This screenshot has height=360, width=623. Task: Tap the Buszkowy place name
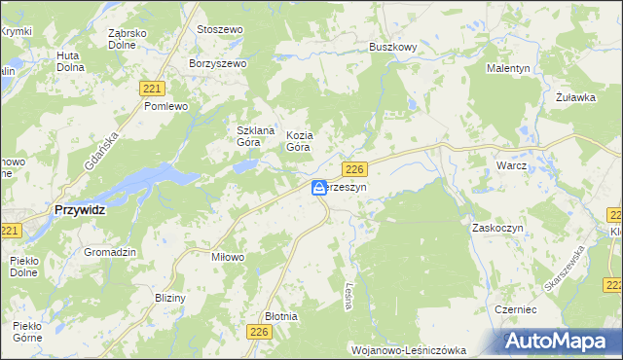[392, 46]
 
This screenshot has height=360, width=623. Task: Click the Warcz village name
[511, 165]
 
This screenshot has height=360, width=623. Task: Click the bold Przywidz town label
[79, 210]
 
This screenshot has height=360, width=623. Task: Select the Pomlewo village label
[165, 106]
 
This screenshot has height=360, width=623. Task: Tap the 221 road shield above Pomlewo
[150, 89]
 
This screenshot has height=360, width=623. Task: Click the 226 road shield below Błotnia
[258, 333]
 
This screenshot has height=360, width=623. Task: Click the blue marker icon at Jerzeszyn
[319, 188]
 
